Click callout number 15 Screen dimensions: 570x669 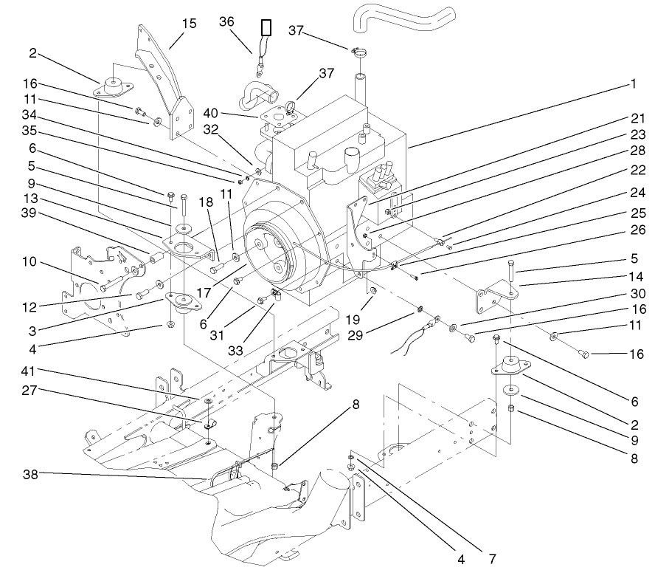tap(190, 23)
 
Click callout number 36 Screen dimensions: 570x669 tap(226, 21)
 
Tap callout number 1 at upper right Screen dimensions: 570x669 tap(632, 84)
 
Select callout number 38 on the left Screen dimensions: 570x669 tap(30, 473)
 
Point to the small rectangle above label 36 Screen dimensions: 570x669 tap(266, 28)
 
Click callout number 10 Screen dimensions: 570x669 tap(30, 263)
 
